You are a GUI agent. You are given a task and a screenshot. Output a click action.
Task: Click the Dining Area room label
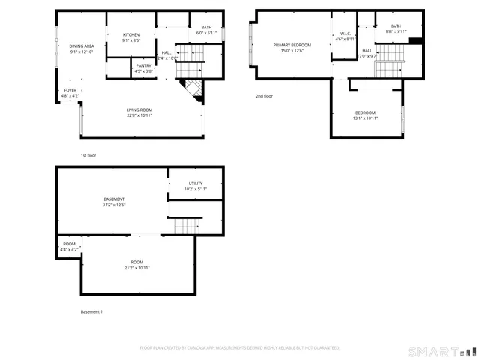[81, 49]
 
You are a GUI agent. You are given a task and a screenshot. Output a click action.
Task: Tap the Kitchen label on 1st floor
[131, 37]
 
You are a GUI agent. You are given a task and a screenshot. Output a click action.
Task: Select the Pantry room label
[144, 68]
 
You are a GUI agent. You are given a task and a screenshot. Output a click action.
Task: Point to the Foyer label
[70, 93]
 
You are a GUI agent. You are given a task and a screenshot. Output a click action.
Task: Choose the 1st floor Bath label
[205, 30]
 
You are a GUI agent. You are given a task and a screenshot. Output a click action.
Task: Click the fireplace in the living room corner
[192, 88]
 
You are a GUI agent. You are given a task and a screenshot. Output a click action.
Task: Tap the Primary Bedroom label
[292, 48]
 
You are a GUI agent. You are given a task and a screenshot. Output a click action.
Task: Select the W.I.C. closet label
[345, 35]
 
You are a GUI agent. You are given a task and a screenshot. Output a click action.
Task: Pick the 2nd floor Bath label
[395, 28]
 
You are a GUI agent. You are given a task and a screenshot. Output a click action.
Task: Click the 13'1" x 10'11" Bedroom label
[366, 115]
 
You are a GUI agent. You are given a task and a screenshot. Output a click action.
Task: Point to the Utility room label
[195, 186]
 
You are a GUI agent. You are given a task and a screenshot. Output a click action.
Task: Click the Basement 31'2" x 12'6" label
[114, 202]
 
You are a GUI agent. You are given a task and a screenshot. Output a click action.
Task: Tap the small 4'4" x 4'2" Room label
[69, 246]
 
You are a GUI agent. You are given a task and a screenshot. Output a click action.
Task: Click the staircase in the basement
[187, 225]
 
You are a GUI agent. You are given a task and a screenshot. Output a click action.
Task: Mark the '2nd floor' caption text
[264, 96]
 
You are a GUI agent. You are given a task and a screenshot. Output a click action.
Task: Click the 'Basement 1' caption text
[91, 311]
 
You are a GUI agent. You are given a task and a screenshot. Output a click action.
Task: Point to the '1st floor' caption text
[88, 155]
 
